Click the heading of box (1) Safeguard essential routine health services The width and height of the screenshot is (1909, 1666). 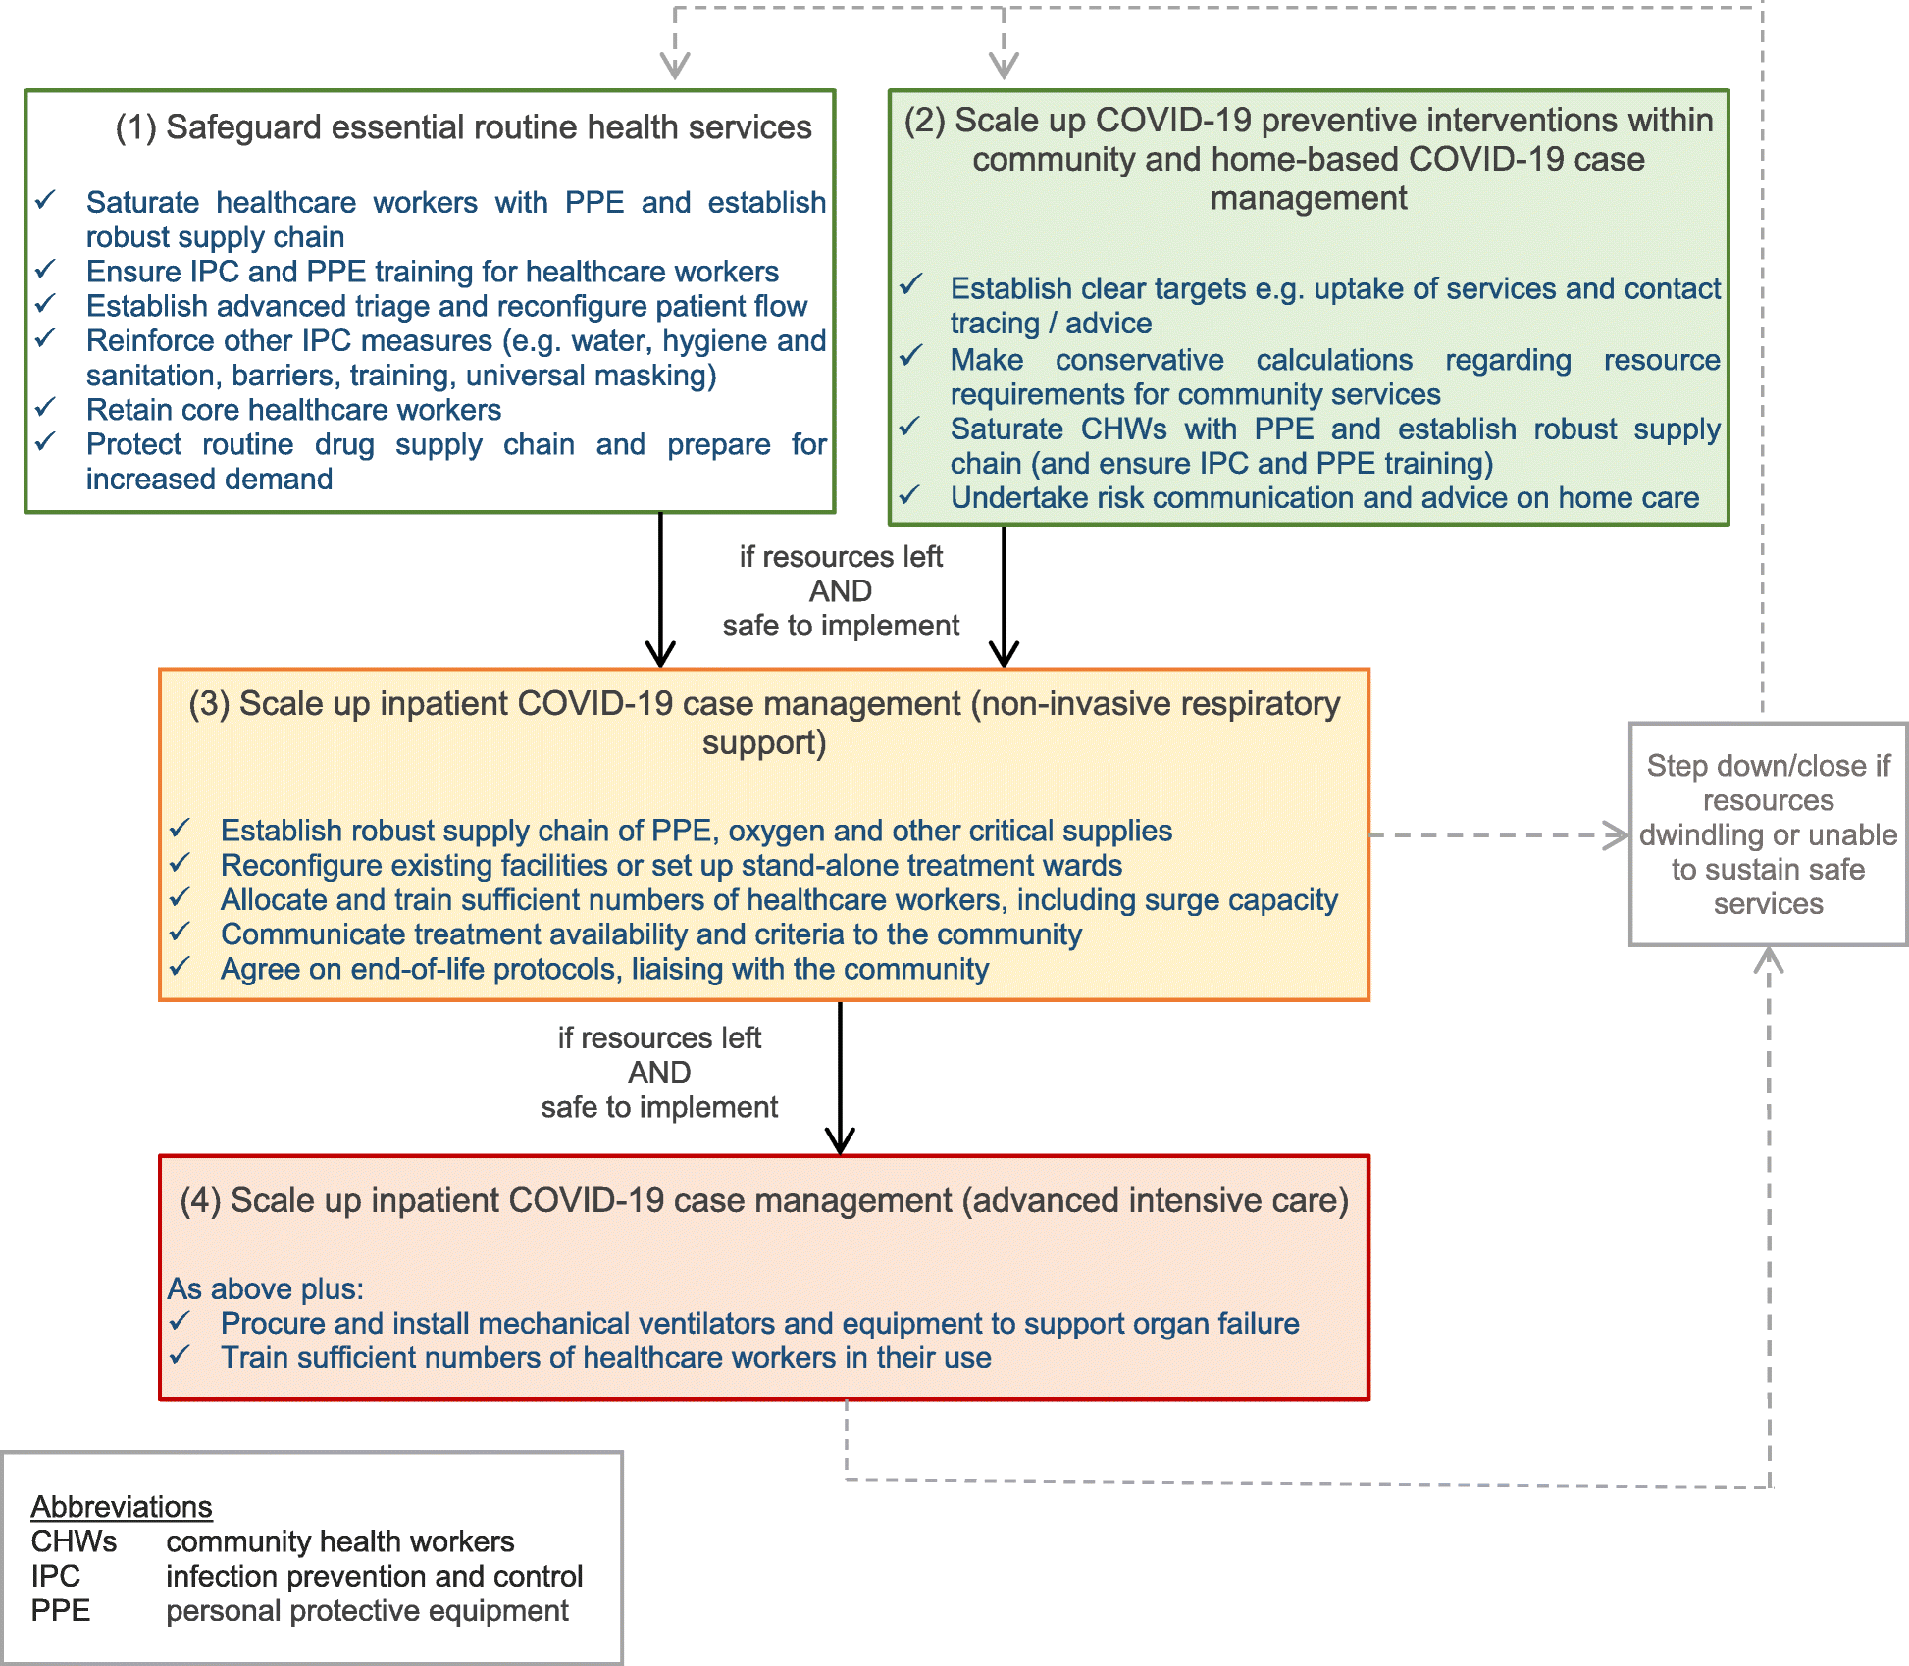(x=463, y=127)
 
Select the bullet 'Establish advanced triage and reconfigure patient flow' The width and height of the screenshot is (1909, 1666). (x=446, y=306)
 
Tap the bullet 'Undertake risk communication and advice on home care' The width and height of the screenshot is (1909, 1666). (x=1324, y=498)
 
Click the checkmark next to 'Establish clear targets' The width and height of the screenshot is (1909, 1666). (x=911, y=284)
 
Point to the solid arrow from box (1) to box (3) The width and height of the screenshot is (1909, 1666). (x=660, y=588)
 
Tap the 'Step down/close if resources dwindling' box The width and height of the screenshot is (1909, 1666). (x=1768, y=834)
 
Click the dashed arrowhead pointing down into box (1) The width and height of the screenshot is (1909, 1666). (x=675, y=65)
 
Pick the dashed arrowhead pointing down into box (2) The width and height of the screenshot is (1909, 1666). (x=1004, y=65)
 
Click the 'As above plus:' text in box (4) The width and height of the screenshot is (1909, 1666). (x=266, y=1288)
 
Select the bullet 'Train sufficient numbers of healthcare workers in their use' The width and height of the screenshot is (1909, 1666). (x=605, y=1358)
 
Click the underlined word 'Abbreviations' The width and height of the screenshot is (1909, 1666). (x=122, y=1506)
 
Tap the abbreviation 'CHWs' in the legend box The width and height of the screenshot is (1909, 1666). (x=74, y=1541)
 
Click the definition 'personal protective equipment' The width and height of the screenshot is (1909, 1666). (x=367, y=1610)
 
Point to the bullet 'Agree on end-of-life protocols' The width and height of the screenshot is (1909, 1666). (x=604, y=969)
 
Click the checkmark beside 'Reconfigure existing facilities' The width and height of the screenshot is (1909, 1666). (x=180, y=863)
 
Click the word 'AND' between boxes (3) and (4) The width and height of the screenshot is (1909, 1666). (x=659, y=1072)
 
